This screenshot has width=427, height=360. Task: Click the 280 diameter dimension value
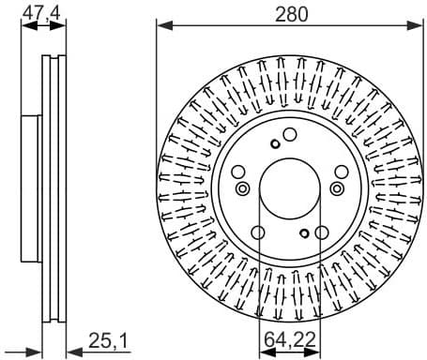pyautogui.click(x=287, y=12)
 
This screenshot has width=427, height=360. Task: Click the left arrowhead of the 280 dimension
pyautogui.click(x=160, y=25)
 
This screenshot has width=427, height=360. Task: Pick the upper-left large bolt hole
pyautogui.click(x=238, y=172)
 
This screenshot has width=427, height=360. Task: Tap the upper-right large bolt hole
pyautogui.click(x=338, y=172)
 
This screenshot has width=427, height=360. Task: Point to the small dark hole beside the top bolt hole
pyautogui.click(x=274, y=143)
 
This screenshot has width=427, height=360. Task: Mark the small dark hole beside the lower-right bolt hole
pyautogui.click(x=304, y=232)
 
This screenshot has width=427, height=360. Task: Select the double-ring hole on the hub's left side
pyautogui.click(x=243, y=189)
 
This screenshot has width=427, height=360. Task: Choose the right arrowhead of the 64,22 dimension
pyautogui.click(x=315, y=353)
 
